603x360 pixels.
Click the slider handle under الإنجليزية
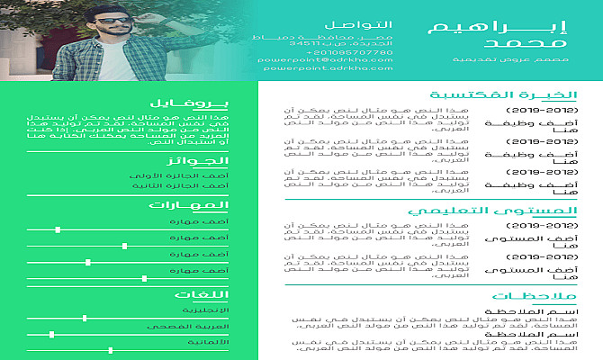pyautogui.click(x=85, y=317)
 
